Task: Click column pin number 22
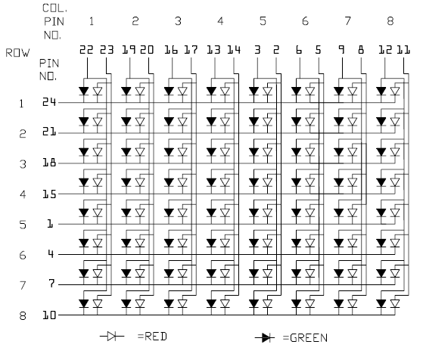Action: (86, 50)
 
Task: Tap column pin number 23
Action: (107, 50)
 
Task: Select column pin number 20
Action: (147, 50)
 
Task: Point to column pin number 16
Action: (171, 50)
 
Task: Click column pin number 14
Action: (234, 50)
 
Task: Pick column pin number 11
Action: (403, 50)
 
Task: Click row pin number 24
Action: (49, 102)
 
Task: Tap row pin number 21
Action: (49, 132)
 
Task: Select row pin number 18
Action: (49, 163)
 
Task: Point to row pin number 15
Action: (49, 194)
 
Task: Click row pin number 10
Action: (49, 315)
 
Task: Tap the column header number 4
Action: (220, 21)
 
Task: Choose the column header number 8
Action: (390, 21)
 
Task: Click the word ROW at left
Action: (17, 53)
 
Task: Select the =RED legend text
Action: (152, 337)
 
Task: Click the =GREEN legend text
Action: (305, 338)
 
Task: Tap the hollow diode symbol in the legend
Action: (112, 337)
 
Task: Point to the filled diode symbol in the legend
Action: (265, 337)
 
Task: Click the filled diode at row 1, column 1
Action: (84, 92)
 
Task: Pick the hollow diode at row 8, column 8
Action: (395, 304)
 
